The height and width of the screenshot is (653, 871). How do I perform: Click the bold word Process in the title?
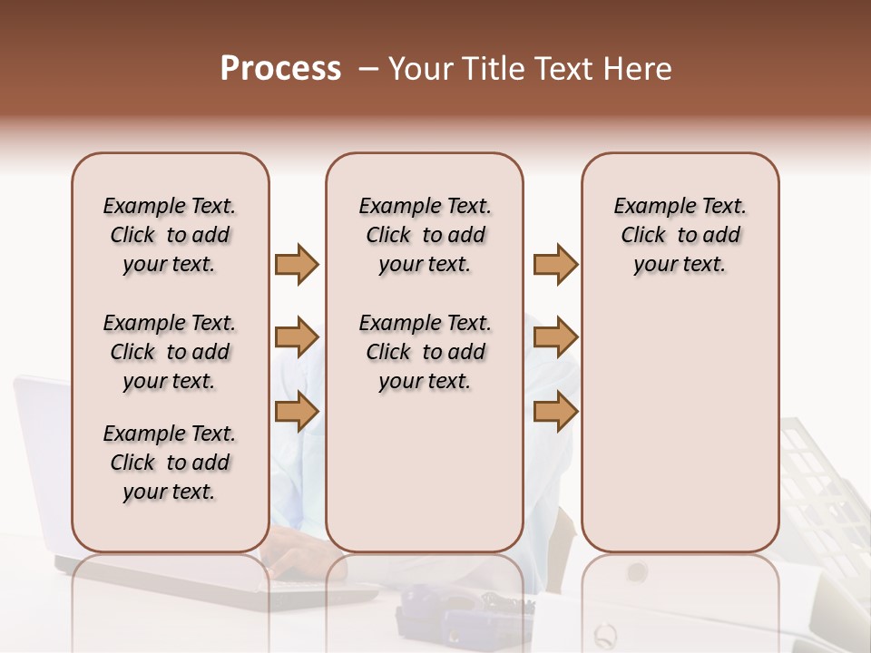click(x=280, y=69)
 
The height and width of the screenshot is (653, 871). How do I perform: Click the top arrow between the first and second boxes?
click(x=297, y=265)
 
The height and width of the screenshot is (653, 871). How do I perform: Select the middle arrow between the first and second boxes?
click(x=297, y=338)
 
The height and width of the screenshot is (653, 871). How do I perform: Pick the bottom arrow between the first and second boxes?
click(x=297, y=412)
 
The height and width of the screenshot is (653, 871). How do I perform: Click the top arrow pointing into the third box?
click(x=555, y=265)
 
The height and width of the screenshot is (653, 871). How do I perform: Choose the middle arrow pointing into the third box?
click(x=555, y=338)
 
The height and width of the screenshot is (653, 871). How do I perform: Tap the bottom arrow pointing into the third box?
click(x=555, y=412)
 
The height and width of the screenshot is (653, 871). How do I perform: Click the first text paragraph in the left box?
click(x=170, y=235)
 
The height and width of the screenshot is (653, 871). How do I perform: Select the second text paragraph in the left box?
click(x=170, y=352)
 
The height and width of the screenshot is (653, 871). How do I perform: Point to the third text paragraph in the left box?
click(x=170, y=463)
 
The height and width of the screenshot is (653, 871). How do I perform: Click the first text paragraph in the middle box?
click(x=425, y=235)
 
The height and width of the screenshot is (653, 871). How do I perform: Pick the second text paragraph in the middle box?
click(x=425, y=352)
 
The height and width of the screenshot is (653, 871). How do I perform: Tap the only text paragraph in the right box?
click(x=680, y=235)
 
